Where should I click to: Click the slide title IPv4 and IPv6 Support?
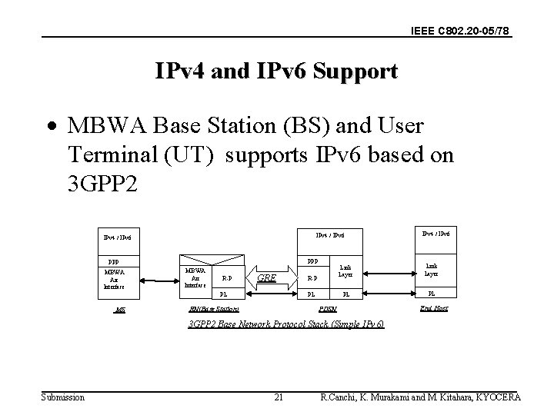tap(276, 72)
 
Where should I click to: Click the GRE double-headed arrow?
tap(266, 277)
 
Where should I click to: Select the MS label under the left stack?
tap(119, 309)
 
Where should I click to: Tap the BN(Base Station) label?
tap(213, 309)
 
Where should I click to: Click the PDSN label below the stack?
tap(329, 309)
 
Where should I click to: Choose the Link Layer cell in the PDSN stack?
tap(345, 271)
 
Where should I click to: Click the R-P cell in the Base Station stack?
tap(224, 277)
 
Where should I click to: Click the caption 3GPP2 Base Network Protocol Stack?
tap(286, 325)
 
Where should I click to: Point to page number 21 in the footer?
tap(279, 397)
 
